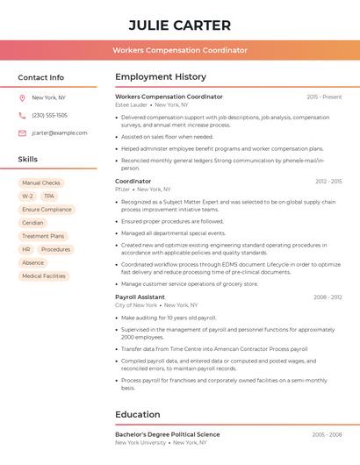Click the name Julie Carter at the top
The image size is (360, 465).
point(179,25)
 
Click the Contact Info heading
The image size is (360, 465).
point(40,77)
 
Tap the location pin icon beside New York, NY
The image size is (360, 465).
point(22,97)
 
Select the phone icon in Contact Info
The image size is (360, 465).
point(22,115)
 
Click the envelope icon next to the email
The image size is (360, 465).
point(22,133)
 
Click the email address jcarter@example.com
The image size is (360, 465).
point(60,133)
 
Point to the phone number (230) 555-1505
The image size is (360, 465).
point(49,115)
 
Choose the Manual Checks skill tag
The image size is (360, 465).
point(40,183)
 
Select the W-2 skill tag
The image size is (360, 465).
point(27,197)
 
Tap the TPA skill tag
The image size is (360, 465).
point(49,197)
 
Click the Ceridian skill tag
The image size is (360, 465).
point(32,223)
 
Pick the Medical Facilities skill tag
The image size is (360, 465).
point(44,275)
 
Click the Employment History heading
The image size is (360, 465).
point(161,77)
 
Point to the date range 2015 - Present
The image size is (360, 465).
point(324,97)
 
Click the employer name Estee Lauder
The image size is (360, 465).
point(132,104)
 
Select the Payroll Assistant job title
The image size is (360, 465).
point(140,297)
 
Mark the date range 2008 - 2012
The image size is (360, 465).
point(328,297)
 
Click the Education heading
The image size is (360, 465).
point(138,414)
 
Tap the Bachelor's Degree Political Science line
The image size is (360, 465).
point(168,434)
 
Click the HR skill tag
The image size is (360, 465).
point(26,249)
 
